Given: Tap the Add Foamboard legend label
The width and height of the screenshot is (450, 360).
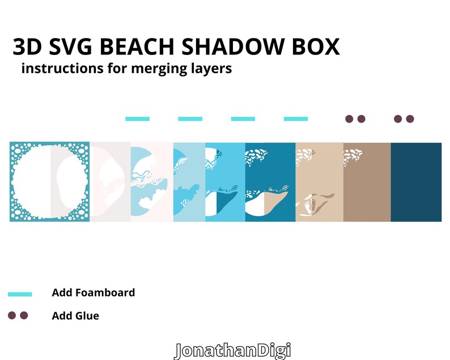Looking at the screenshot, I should [x=93, y=293].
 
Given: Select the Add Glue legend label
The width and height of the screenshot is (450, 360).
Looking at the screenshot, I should [x=75, y=316].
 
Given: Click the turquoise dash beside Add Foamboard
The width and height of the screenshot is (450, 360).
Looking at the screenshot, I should [x=20, y=294].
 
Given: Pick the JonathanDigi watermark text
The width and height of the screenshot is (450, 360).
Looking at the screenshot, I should [x=232, y=350].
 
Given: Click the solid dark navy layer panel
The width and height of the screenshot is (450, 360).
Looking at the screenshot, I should [x=416, y=182].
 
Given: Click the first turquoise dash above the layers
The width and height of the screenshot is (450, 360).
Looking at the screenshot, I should [x=137, y=119].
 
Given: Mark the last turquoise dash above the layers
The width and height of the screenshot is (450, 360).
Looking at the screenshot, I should [x=295, y=119].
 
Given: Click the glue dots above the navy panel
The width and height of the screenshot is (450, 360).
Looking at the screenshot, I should [x=404, y=119].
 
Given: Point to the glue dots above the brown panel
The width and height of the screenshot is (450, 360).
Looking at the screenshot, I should [x=355, y=119].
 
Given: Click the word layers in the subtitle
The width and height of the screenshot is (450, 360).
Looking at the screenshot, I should [x=210, y=70].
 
